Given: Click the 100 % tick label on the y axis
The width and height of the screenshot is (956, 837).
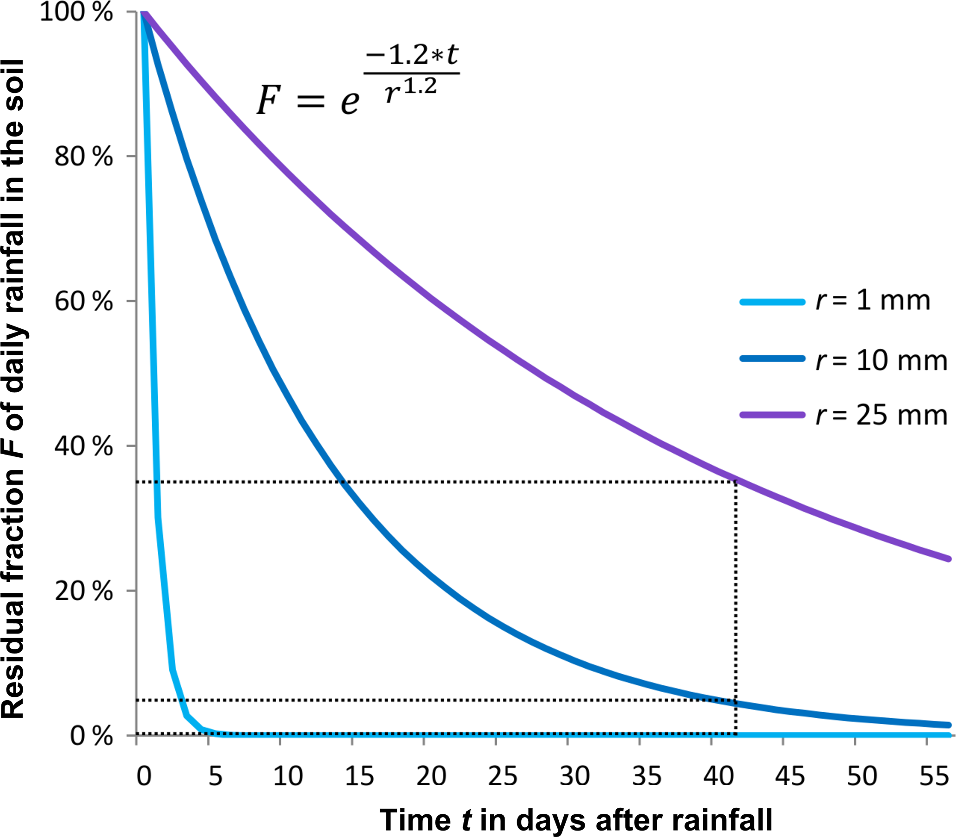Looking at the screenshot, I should pos(77,12).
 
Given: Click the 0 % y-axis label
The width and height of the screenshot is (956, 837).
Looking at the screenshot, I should pos(92,736).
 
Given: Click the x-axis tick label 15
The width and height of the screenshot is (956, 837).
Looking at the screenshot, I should pos(359,776).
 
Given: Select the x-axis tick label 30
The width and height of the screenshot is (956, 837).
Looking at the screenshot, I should pos(575,776).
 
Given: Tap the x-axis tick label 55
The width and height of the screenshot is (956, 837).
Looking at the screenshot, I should pos(935,776).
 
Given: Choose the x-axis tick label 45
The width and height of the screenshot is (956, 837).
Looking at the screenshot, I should pos(790,776).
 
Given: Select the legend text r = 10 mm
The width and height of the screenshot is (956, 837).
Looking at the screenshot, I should pos(881,361).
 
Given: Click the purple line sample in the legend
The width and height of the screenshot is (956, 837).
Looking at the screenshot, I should pos(772,415).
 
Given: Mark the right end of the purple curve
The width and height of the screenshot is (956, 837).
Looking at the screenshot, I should pos(948,559).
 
